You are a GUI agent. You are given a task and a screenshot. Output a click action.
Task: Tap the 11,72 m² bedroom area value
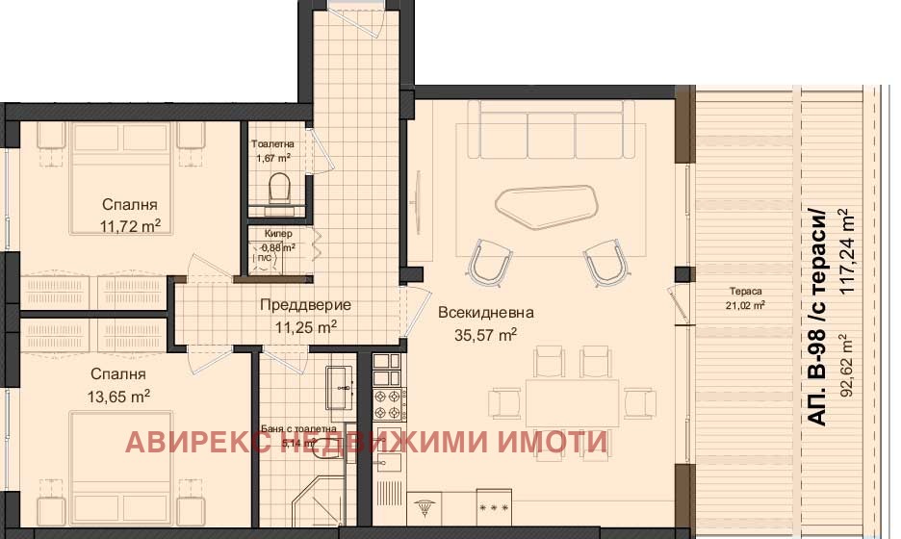click(x=130, y=227)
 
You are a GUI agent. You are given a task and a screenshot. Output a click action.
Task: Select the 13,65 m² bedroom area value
click(x=119, y=395)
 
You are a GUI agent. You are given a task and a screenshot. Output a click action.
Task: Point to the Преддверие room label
click(x=305, y=305)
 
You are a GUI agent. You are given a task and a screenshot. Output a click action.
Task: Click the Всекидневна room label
click(x=485, y=313)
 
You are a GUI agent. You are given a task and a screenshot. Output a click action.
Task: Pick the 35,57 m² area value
click(x=485, y=335)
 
